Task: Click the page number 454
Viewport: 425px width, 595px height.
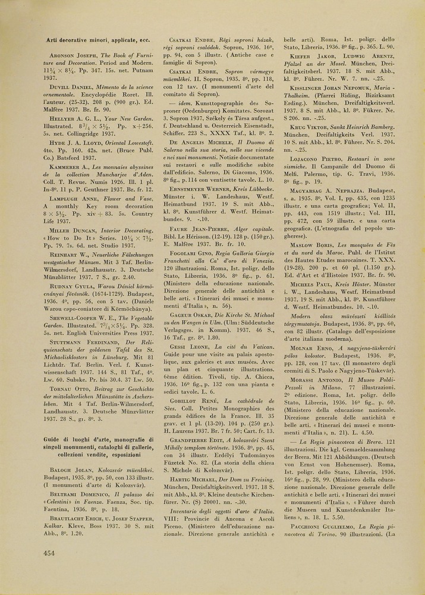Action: (x=49, y=553)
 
